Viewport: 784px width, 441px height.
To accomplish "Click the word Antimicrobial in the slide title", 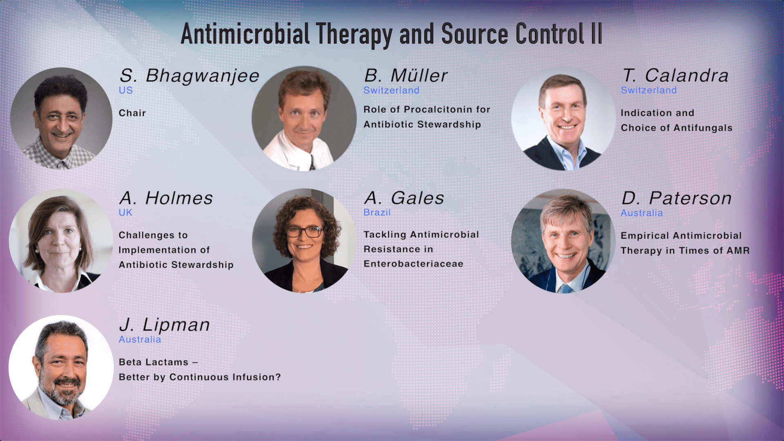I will (x=245, y=34).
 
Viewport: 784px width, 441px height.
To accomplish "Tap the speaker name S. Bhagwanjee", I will (x=189, y=76).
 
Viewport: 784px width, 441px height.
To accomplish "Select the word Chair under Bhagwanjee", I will (x=132, y=113).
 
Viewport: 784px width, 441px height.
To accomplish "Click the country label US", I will (x=125, y=90).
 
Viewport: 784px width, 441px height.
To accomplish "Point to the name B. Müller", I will (x=405, y=76).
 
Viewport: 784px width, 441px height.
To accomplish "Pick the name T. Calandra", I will (x=675, y=76).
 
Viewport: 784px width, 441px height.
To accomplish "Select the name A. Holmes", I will (x=166, y=198).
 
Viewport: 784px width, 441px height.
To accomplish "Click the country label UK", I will (x=125, y=213).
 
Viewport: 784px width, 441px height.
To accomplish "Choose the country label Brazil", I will (x=377, y=213).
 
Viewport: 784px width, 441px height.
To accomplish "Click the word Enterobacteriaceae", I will (x=413, y=264).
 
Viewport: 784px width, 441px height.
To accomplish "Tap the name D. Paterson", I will (x=676, y=198).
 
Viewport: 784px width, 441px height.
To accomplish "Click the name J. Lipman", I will (x=164, y=325).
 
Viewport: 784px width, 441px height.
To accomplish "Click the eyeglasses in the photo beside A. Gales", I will (x=304, y=232).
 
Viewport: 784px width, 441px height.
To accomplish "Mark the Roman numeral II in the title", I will (x=597, y=34).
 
